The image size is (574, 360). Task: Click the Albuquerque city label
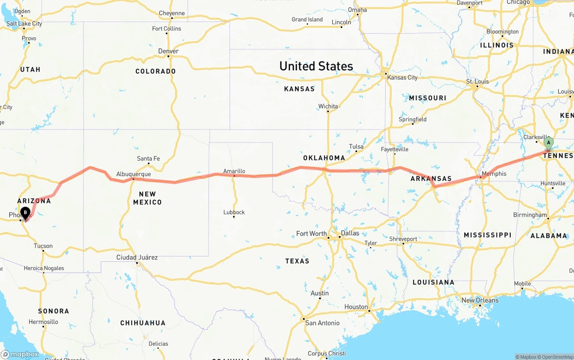point(133,174)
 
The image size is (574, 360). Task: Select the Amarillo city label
point(234,171)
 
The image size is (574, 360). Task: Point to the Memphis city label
point(494,174)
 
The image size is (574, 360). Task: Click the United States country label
point(316,66)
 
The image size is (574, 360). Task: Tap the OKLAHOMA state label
point(324,158)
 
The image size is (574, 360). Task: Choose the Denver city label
point(168,51)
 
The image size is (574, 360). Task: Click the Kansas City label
point(402,78)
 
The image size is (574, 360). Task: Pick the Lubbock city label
point(234,212)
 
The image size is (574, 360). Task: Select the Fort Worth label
point(311,234)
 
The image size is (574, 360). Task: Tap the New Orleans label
point(480,300)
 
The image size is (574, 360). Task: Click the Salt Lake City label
point(24,24)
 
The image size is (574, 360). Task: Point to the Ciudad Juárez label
point(137,257)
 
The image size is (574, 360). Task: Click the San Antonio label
point(322,323)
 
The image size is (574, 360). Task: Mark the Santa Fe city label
point(148,158)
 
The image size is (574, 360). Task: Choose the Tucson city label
point(43,246)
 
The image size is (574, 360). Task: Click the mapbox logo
point(20,354)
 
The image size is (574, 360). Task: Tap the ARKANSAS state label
point(431,178)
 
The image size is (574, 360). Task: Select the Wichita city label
point(328,107)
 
